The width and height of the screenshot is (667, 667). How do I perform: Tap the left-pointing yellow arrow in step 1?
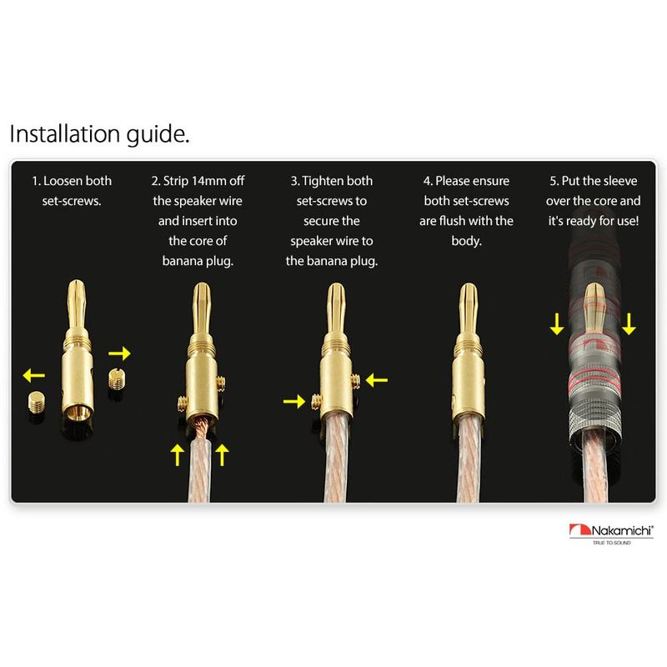click(33, 375)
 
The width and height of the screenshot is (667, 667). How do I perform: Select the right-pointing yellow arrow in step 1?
click(119, 353)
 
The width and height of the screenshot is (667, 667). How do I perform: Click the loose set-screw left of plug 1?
click(38, 403)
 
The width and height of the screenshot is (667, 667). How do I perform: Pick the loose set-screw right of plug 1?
click(116, 379)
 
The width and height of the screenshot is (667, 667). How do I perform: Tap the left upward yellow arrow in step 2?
click(177, 454)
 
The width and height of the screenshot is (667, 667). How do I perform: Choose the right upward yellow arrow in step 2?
click(222, 454)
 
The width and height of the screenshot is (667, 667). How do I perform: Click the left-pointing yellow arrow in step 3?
click(377, 380)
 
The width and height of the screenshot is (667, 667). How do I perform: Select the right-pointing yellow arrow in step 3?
click(294, 401)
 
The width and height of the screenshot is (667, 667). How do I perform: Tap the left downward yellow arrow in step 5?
click(557, 324)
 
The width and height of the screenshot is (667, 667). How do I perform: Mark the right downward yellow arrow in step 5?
click(629, 324)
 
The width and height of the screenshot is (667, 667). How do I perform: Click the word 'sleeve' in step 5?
click(619, 181)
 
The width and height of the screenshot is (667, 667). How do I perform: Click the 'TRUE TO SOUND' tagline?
click(612, 543)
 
